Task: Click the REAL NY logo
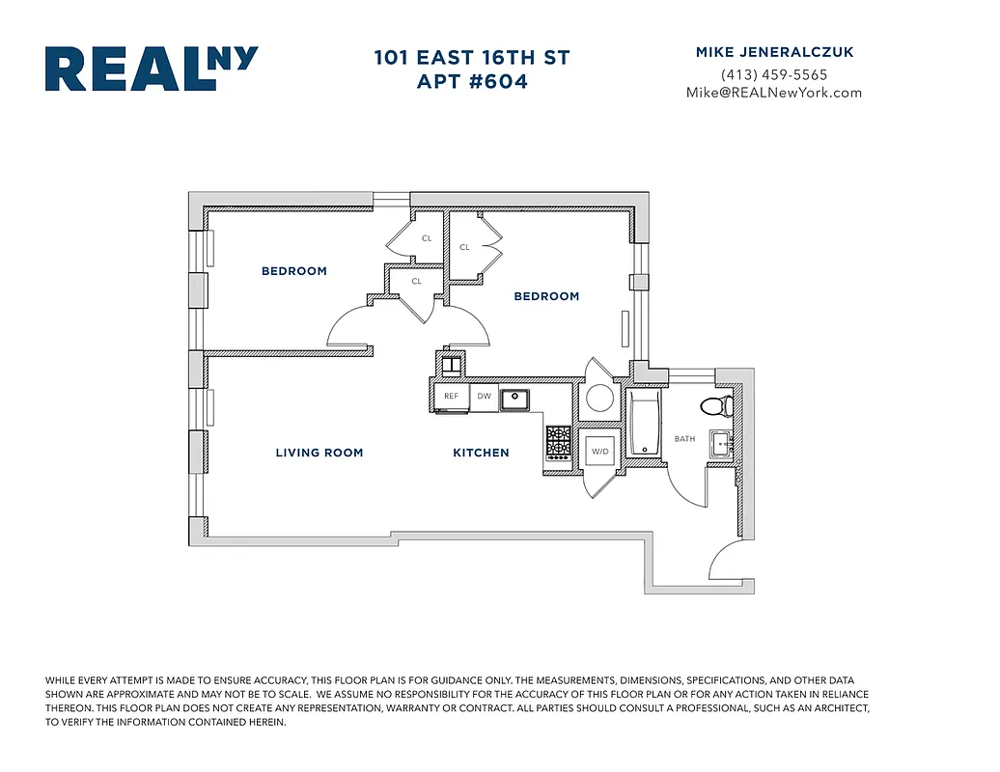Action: [x=152, y=69]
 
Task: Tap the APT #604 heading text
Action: [x=472, y=82]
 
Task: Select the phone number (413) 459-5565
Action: [x=773, y=74]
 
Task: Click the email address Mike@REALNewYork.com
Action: [x=773, y=93]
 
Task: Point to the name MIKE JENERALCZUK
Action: [x=773, y=53]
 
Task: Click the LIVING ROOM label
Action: [x=319, y=453]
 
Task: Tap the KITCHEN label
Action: [x=481, y=453]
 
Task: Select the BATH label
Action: [x=684, y=439]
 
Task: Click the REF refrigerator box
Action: [x=451, y=396]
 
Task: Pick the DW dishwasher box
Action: [x=484, y=396]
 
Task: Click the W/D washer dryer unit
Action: [x=599, y=451]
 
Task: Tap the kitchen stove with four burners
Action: [x=559, y=443]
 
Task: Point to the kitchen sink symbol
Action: [x=516, y=396]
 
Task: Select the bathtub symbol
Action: [x=643, y=422]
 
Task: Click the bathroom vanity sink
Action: [x=721, y=444]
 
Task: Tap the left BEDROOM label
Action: [x=293, y=271]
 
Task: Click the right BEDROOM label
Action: [x=546, y=296]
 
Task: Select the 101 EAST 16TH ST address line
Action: [x=472, y=58]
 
